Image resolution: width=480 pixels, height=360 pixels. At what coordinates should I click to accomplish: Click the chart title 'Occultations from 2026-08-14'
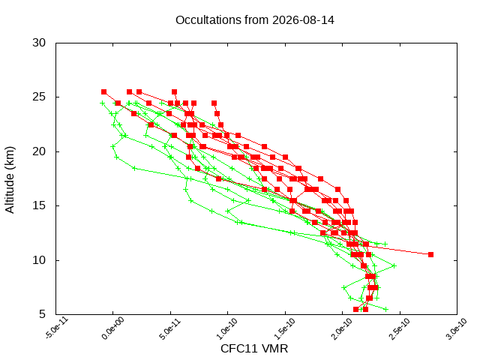[x=255, y=20]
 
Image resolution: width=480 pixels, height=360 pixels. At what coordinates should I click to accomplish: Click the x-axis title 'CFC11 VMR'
[x=254, y=349]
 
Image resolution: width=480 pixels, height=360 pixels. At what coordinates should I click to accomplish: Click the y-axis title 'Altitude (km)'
[x=10, y=180]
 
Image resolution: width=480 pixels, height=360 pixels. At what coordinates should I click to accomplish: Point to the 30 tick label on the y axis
[x=39, y=43]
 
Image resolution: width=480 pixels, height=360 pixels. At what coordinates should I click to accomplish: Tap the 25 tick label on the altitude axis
[x=39, y=97]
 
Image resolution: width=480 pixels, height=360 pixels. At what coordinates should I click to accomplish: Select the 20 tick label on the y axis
[x=39, y=151]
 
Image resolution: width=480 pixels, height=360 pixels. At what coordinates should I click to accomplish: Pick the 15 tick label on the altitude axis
[x=39, y=205]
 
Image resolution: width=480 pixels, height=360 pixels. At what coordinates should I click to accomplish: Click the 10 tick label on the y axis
[x=39, y=260]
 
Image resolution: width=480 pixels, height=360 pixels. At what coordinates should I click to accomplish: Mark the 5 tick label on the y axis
[x=42, y=314]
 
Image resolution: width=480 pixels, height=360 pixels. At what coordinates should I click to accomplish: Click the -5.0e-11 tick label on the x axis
[x=57, y=328]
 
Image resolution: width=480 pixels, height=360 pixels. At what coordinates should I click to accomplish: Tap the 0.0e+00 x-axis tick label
[x=113, y=328]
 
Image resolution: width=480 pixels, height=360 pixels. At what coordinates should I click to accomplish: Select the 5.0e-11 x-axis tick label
[x=170, y=328]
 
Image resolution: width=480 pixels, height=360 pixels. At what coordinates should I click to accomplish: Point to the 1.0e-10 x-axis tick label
[x=228, y=328]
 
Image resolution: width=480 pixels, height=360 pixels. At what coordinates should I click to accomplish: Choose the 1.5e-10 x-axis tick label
[x=285, y=328]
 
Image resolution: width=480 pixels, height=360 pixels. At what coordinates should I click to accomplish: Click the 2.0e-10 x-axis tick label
[x=343, y=328]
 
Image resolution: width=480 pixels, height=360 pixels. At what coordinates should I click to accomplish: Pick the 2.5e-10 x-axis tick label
[x=400, y=328]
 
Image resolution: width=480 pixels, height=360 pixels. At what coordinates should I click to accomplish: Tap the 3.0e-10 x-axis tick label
[x=457, y=328]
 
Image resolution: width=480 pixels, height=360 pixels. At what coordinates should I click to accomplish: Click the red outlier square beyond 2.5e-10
[x=430, y=255]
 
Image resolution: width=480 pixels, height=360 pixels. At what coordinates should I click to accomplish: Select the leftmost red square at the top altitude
[x=103, y=91]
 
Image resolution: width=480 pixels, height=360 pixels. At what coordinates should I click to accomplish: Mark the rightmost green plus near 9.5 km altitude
[x=394, y=265]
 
